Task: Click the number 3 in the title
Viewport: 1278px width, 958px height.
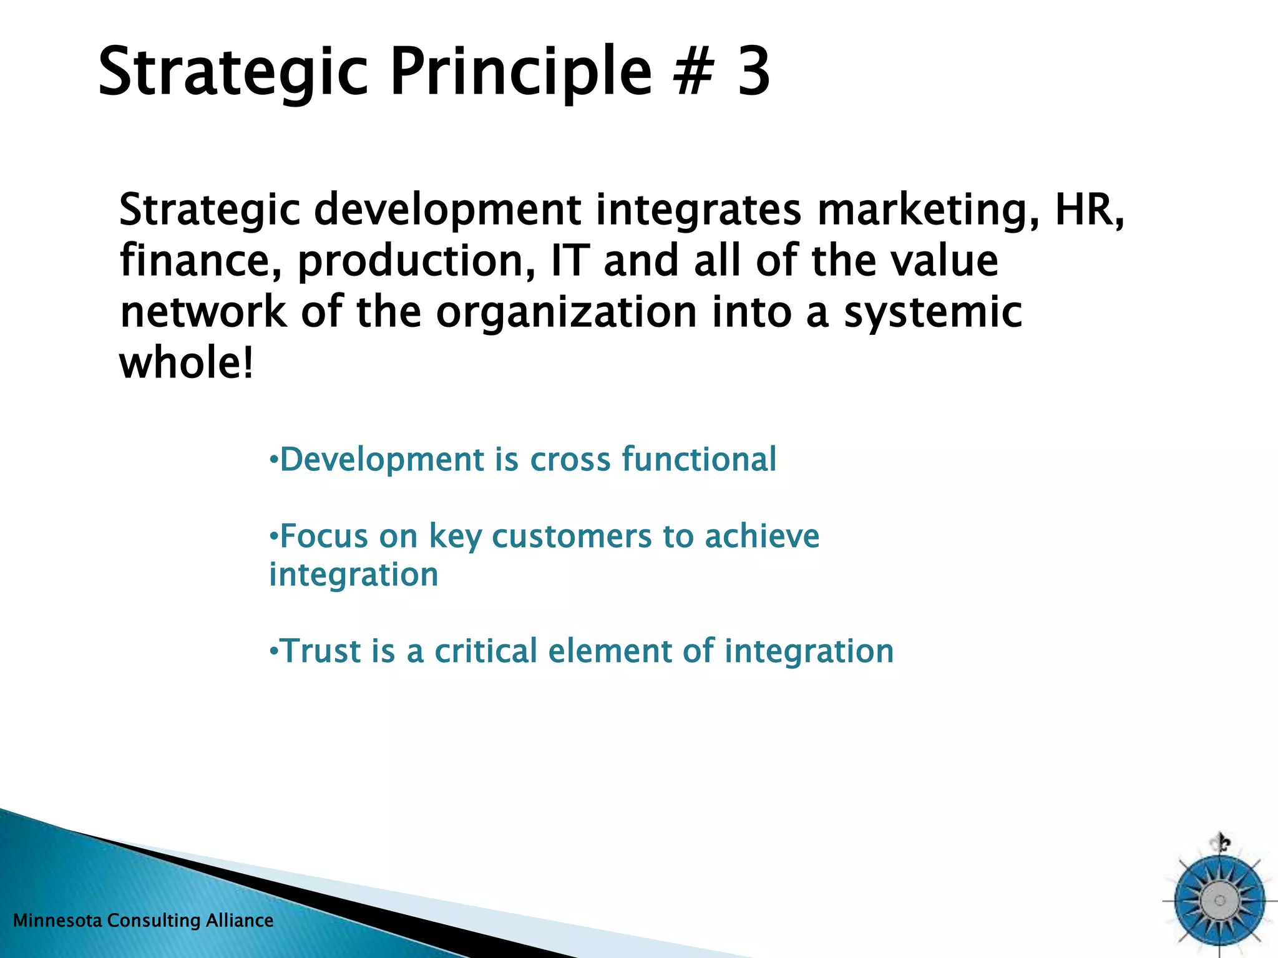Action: (x=754, y=72)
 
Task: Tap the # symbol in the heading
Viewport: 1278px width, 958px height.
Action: (x=693, y=72)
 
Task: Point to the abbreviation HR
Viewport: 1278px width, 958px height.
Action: (x=1088, y=210)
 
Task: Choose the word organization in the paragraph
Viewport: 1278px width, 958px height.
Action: (x=565, y=313)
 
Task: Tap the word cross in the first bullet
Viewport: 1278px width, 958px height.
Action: (x=570, y=460)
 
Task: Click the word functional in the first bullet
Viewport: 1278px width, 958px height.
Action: (x=699, y=459)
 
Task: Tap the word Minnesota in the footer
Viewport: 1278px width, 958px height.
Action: (x=57, y=921)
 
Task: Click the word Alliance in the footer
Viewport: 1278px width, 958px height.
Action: (x=240, y=921)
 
